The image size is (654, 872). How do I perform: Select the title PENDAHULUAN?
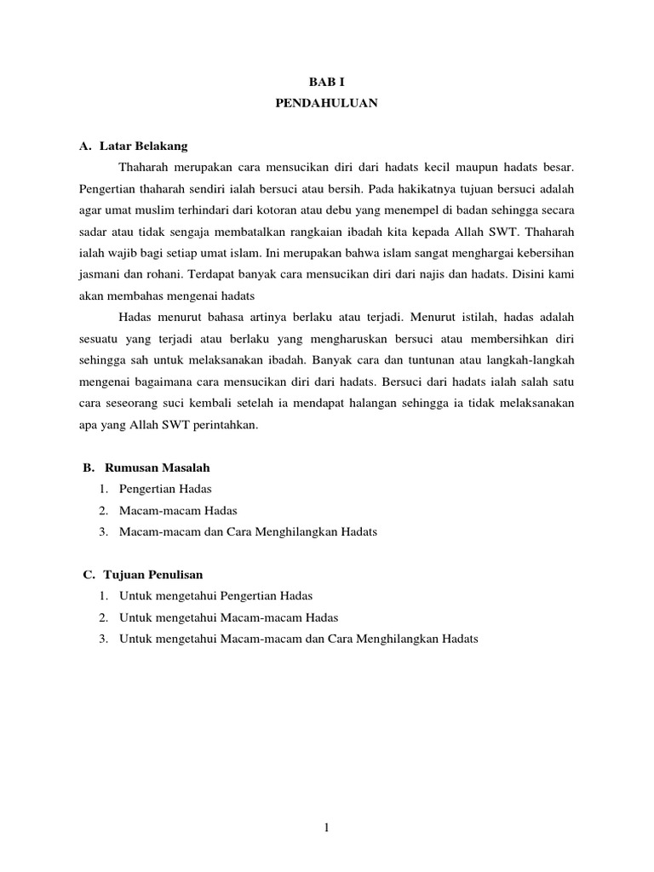tap(327, 104)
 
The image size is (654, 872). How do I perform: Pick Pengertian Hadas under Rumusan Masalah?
tap(165, 489)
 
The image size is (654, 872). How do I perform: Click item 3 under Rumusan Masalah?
tap(248, 531)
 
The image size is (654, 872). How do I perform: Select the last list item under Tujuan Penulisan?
tap(299, 638)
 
